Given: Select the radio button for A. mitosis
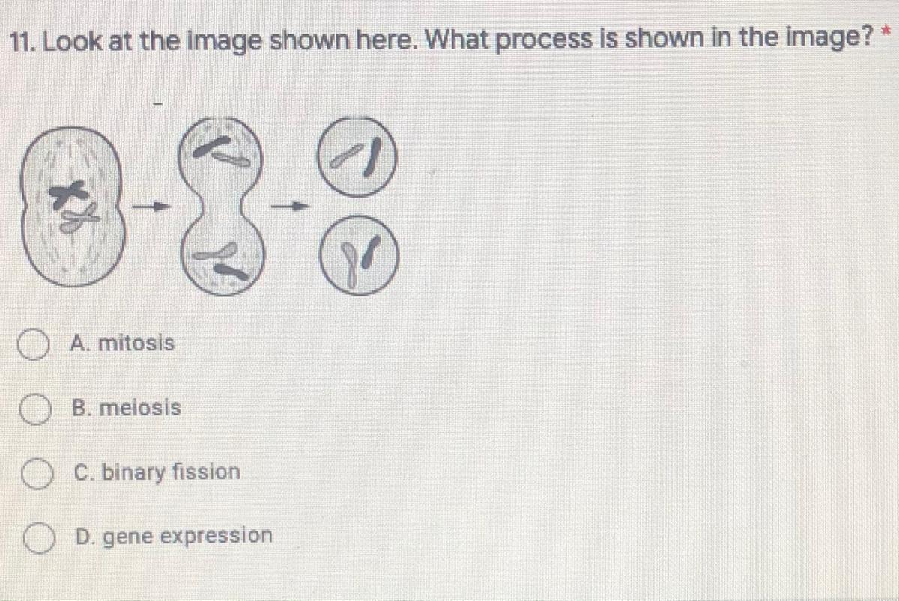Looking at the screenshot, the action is (34, 344).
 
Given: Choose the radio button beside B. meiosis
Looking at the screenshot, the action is (35, 409).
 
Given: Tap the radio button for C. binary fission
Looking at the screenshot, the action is (37, 474).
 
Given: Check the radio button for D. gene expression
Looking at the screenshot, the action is (39, 538).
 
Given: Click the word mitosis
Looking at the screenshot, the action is (136, 344).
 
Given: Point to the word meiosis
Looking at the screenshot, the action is (140, 408).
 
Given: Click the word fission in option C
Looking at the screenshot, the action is (206, 472).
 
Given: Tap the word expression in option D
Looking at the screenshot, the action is (217, 537).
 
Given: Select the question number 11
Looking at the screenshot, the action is (23, 41).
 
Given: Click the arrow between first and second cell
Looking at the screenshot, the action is (151, 207).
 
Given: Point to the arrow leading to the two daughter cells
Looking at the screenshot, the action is (291, 207).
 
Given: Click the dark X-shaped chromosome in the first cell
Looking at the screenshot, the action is (68, 194).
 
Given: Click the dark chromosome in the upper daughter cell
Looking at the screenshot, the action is (372, 157).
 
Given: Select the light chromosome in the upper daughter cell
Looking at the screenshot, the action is (346, 155).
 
